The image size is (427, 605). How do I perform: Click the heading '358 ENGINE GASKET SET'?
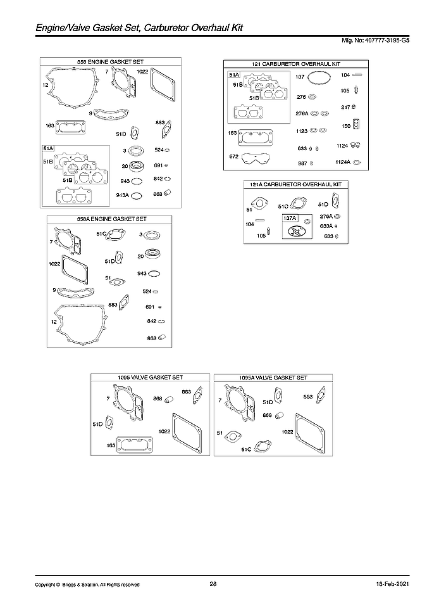coord(110,61)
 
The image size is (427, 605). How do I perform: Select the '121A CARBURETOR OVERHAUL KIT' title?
coord(296,184)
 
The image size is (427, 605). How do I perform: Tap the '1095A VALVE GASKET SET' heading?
coord(273,378)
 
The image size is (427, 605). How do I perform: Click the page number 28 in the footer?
coord(213,584)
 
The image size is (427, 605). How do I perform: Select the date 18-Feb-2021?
coord(382,584)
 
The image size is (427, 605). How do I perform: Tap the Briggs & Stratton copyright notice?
coord(87,585)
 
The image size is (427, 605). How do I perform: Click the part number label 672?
coord(234,156)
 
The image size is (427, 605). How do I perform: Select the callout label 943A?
coord(122,195)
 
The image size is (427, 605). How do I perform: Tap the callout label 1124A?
coord(343,163)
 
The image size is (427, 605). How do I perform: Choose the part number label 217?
coord(345,106)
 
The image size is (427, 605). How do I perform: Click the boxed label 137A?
coord(290,217)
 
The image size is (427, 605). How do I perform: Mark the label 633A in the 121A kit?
coord(326,226)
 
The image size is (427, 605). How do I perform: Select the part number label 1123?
coord(302,131)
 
